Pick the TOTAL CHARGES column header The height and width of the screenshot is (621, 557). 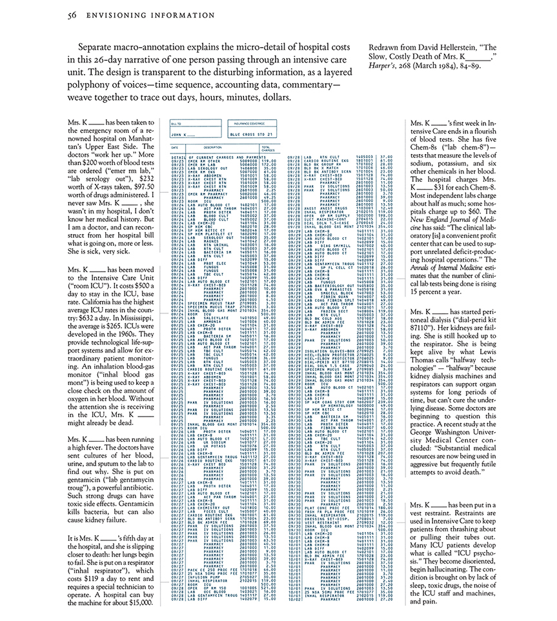click(266, 150)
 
